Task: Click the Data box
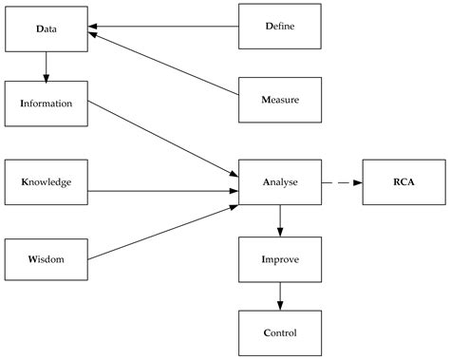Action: point(46,28)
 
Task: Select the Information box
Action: point(46,104)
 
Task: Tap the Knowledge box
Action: point(46,181)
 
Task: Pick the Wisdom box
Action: point(46,258)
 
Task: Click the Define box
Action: point(279,27)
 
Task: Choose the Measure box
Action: point(279,98)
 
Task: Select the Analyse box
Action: point(279,181)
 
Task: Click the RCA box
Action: point(403,181)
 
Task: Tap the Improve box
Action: point(279,258)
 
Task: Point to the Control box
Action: point(279,332)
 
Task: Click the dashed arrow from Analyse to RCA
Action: point(342,181)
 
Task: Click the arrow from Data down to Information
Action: point(46,66)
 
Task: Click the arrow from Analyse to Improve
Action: point(279,219)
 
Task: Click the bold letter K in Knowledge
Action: point(24,181)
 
